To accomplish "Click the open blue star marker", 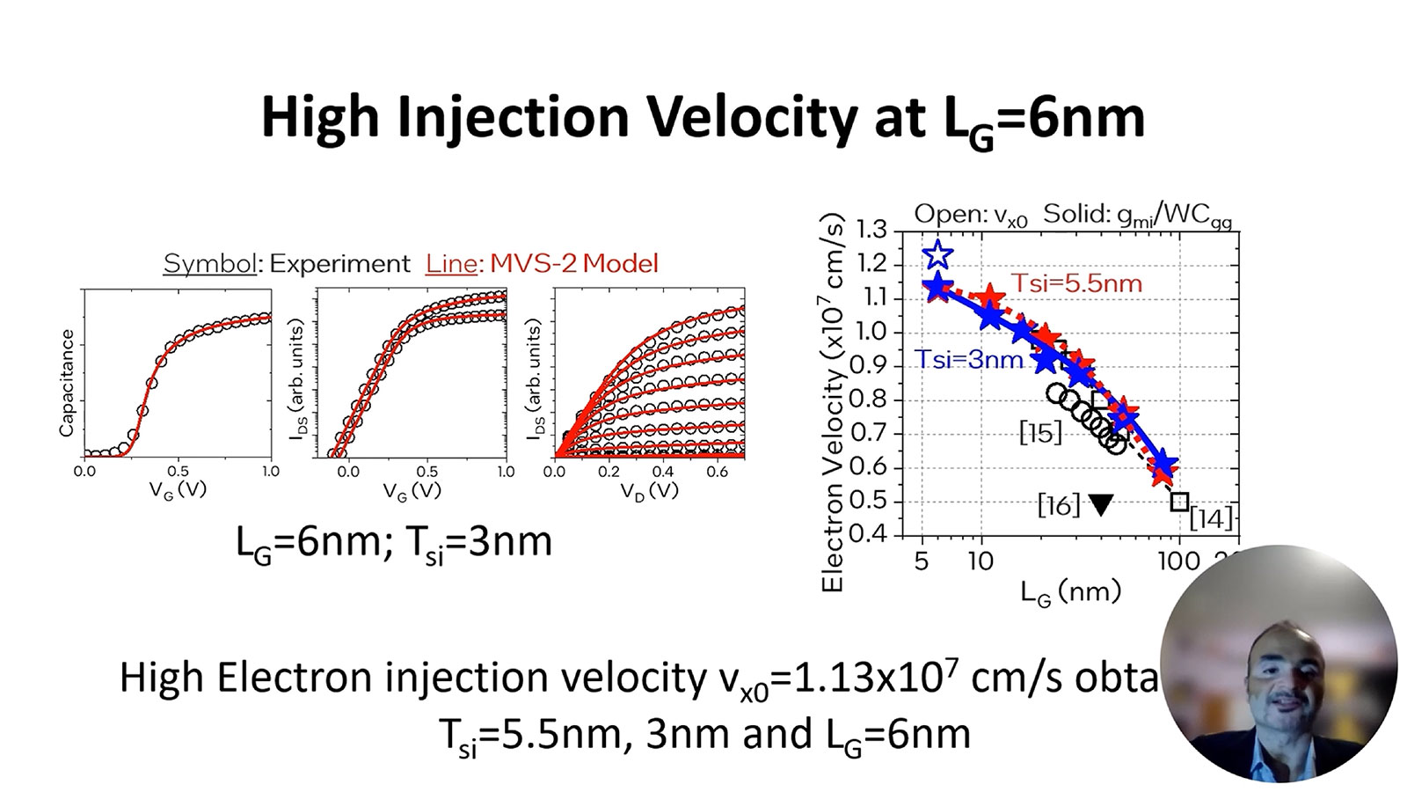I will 938,255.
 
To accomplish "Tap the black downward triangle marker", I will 1100,504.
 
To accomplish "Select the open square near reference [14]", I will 1179,502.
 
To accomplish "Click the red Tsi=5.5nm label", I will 1076,283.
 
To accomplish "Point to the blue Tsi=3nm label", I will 969,359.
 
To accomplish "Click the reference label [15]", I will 1040,432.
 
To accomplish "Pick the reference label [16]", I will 1058,505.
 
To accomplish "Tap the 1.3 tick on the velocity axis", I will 871,231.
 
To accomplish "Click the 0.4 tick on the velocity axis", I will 871,535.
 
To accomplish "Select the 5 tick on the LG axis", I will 922,561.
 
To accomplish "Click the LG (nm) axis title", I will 1070,592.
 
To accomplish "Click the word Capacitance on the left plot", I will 67,383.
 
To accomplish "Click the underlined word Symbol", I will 209,263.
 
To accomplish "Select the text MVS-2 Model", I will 573,263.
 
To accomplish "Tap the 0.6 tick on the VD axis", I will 718,472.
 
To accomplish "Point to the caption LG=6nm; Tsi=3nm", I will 394,541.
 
